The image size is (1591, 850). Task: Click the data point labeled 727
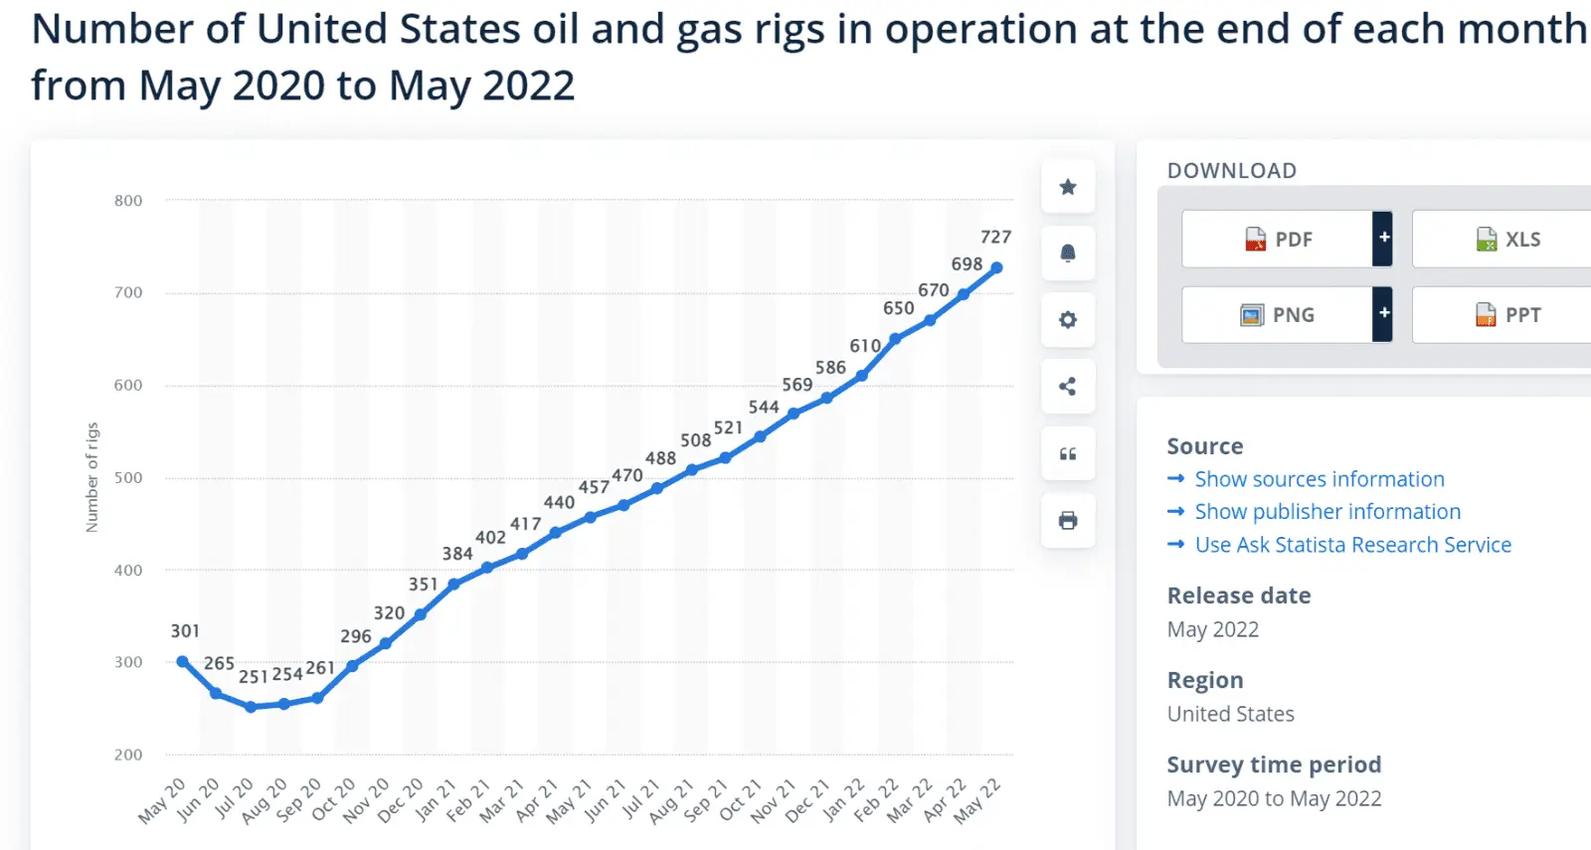[996, 267]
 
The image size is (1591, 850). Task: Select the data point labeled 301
[182, 661]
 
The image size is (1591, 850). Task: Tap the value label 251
[254, 676]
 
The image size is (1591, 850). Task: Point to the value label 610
[865, 345]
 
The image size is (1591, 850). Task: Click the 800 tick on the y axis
[128, 201]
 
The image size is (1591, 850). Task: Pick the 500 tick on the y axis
[128, 478]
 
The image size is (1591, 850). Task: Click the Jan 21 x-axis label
[436, 800]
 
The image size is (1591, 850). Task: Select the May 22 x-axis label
[977, 801]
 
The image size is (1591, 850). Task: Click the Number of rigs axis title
[92, 477]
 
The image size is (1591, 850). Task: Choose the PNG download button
[1278, 315]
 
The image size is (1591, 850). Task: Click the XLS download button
[1507, 240]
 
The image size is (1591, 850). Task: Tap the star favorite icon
[1068, 187]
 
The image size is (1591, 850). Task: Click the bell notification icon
[1068, 254]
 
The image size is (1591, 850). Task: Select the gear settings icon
[1068, 320]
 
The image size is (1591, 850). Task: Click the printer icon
[1068, 520]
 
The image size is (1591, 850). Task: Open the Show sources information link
[1319, 479]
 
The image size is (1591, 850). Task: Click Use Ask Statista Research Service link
[1352, 545]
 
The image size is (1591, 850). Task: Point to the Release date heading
[1239, 595]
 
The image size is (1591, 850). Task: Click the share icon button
[1068, 387]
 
